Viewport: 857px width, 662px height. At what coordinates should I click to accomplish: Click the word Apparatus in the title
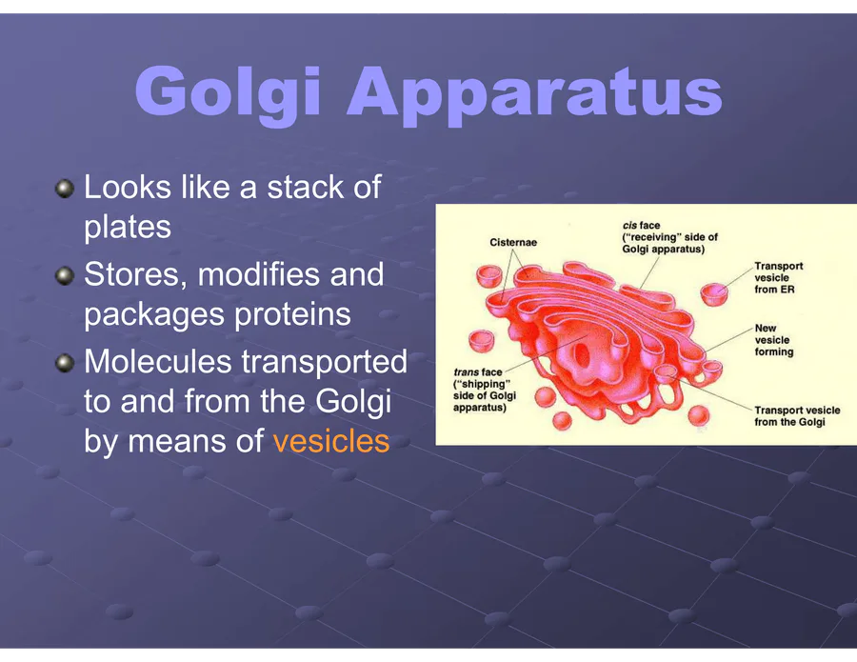coord(534,94)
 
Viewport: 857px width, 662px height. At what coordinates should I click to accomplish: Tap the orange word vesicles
coord(331,441)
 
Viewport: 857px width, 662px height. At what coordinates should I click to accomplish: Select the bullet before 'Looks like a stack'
coord(65,189)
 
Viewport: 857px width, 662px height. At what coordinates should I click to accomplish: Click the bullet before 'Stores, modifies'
coord(65,275)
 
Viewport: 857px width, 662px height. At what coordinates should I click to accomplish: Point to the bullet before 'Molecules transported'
coord(65,363)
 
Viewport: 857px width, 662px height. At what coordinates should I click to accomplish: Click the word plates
coord(128,229)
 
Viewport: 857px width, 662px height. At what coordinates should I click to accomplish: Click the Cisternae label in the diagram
coord(513,242)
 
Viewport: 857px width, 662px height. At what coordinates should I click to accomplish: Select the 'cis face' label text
coord(641,225)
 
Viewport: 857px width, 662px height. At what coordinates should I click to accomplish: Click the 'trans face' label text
coord(478,372)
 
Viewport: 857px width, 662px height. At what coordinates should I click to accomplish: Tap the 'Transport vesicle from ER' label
coord(778,278)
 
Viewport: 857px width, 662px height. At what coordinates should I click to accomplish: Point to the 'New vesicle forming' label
coord(774,340)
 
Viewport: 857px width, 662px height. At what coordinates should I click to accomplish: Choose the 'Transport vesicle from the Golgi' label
coord(797,416)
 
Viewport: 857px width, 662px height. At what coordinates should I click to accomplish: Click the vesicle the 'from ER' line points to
coord(714,294)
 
